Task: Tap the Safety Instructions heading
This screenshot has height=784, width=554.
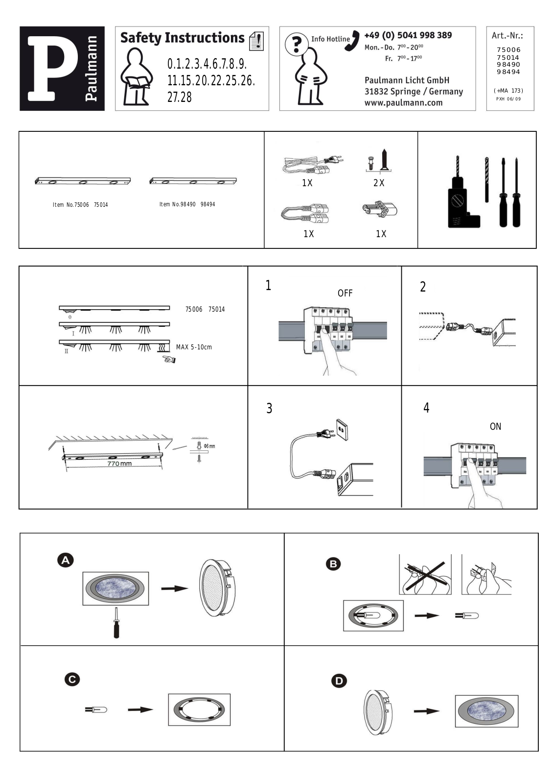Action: [182, 38]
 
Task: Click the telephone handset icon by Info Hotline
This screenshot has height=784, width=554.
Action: [353, 41]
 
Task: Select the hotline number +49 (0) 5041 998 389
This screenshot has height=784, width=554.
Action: [408, 35]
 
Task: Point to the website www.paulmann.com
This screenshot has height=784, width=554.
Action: [403, 103]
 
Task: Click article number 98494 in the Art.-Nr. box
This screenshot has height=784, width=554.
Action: [508, 72]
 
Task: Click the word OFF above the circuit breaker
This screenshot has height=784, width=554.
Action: [345, 294]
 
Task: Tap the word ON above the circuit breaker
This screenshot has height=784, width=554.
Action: [495, 426]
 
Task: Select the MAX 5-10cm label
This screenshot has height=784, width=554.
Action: [194, 347]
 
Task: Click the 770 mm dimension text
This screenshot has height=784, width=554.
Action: [119, 464]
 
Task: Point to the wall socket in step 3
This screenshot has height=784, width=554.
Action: [342, 429]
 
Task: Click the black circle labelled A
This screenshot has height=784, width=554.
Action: [66, 561]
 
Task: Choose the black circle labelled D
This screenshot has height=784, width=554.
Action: [339, 681]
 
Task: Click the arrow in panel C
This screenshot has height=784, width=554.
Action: [140, 710]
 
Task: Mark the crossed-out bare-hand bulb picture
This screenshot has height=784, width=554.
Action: [425, 574]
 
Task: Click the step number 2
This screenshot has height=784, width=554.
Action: [423, 287]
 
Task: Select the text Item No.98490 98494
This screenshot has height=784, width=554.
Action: [187, 204]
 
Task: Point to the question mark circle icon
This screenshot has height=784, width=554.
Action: [297, 44]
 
